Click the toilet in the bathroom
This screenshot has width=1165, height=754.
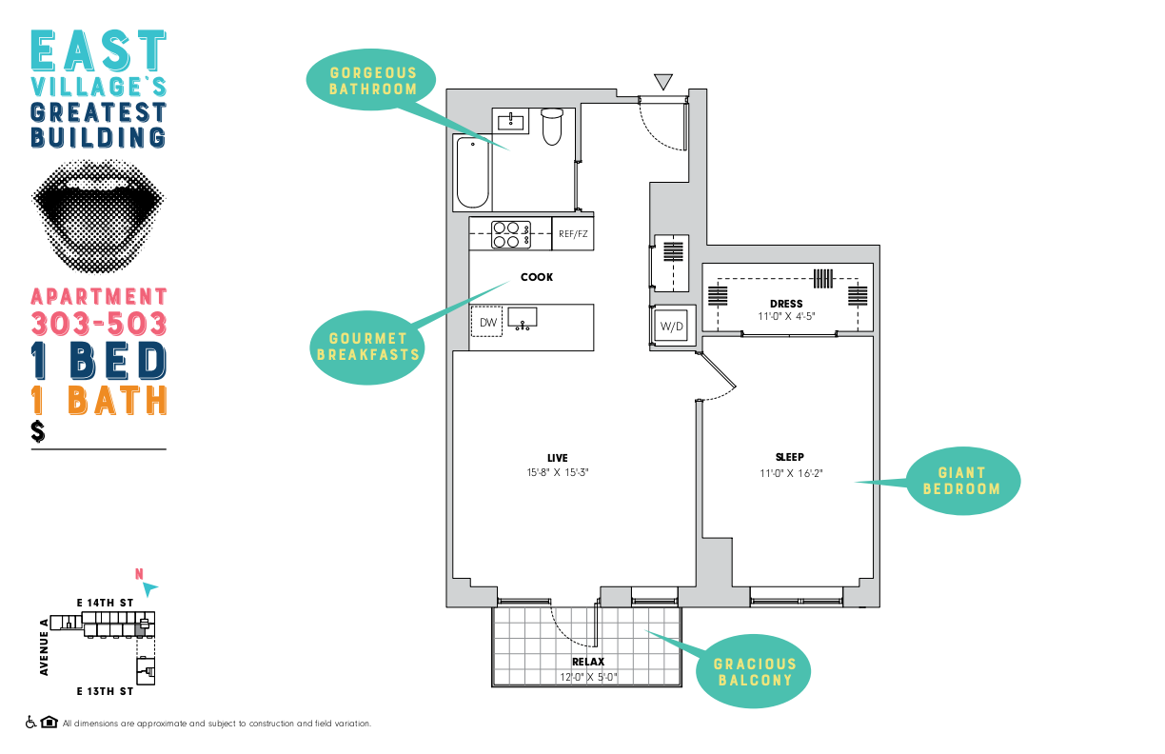(x=552, y=127)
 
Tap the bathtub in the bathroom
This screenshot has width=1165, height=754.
(x=473, y=172)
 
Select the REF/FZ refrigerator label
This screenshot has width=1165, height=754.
(x=573, y=234)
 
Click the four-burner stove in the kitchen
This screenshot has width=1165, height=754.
(x=511, y=235)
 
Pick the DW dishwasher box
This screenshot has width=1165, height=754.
(x=486, y=322)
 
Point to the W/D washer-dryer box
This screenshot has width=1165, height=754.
(x=671, y=327)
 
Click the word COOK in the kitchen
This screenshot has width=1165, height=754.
(x=537, y=277)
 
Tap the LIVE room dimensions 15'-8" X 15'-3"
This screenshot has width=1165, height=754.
(x=557, y=472)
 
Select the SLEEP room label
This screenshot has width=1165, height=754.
(x=789, y=457)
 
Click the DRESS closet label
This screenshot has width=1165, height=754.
(x=786, y=304)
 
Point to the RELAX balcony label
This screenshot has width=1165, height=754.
(x=588, y=662)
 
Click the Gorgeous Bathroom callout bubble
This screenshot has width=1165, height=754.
(x=371, y=80)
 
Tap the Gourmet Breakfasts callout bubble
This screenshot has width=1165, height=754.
(x=367, y=347)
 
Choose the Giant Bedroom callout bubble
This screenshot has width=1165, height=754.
(x=962, y=481)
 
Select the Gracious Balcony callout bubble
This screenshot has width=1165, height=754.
(x=754, y=671)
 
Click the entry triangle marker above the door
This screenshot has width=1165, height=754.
(x=663, y=81)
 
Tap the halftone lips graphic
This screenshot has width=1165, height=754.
(x=98, y=216)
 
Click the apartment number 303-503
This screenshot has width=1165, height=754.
(x=99, y=324)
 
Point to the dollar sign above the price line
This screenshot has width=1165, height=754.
(x=37, y=431)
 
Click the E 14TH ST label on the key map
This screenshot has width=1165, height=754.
(x=105, y=603)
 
